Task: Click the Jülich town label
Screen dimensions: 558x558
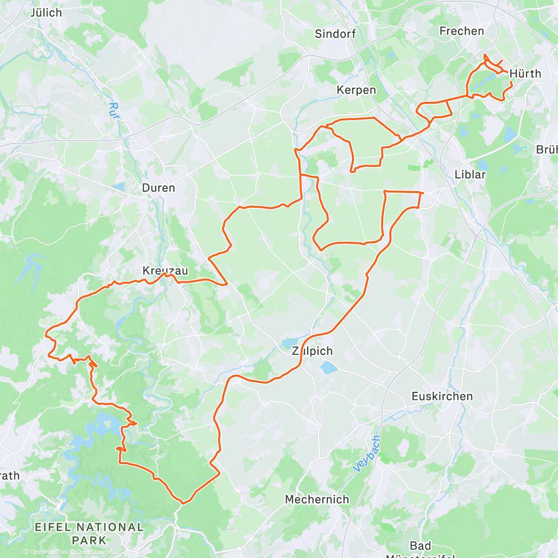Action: (x=46, y=13)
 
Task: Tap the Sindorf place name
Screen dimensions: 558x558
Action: (x=335, y=33)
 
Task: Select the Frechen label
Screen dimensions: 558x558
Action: (x=462, y=31)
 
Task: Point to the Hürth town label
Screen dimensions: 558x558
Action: (x=525, y=73)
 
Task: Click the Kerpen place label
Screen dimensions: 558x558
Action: (x=356, y=90)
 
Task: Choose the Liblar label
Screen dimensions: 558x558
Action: (x=470, y=174)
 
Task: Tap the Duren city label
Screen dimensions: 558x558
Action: (x=159, y=188)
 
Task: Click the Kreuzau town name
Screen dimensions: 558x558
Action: (x=165, y=271)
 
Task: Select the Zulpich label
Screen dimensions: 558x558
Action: (x=312, y=351)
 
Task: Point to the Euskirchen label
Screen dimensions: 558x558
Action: (x=442, y=396)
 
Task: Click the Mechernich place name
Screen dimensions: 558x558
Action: (x=317, y=499)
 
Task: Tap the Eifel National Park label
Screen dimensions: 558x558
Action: (x=89, y=534)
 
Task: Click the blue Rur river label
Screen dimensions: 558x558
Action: (x=113, y=111)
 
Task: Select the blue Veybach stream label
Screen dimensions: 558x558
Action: (x=367, y=454)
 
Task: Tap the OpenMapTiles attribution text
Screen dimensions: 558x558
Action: (x=48, y=552)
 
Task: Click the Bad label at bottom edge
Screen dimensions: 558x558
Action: (x=420, y=545)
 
